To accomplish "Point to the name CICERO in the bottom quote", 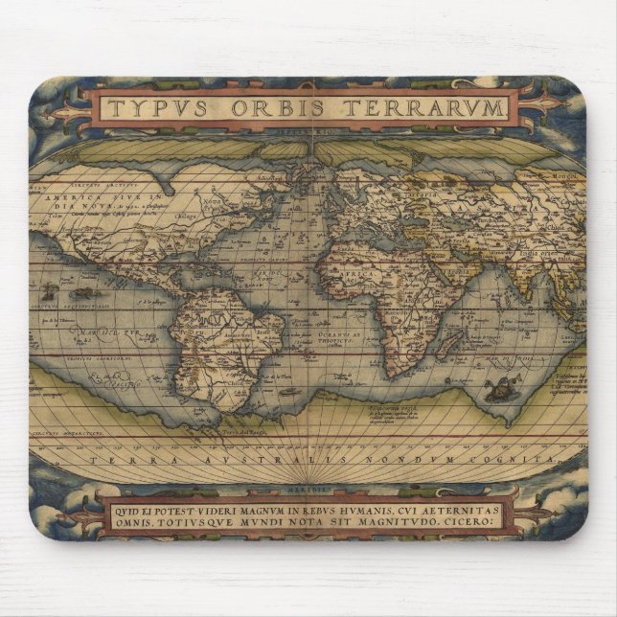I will (491, 522).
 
